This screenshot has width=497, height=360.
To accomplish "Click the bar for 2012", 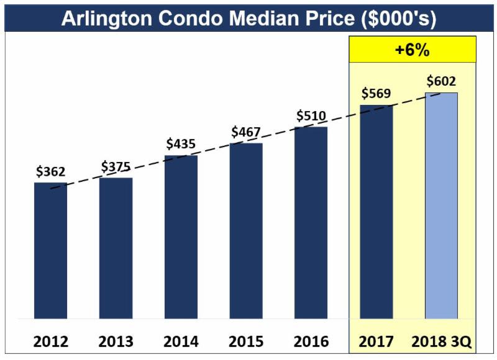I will [x=50, y=251].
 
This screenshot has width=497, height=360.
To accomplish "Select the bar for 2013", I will [x=116, y=248].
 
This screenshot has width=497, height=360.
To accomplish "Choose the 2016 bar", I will [x=311, y=223].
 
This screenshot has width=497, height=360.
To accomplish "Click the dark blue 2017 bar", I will [x=376, y=212].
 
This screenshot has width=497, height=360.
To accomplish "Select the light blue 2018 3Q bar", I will [x=441, y=205].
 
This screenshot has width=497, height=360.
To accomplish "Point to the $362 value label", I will [x=50, y=172].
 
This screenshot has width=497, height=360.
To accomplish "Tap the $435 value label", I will [x=181, y=144].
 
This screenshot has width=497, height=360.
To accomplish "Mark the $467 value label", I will [x=246, y=132].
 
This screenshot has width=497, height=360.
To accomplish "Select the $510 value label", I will [x=311, y=115].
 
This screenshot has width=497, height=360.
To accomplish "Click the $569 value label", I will [x=376, y=94].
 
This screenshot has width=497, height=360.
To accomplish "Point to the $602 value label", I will [x=442, y=81].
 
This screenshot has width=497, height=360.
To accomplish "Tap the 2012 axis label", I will [x=50, y=341].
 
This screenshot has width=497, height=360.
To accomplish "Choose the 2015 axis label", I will [x=246, y=341].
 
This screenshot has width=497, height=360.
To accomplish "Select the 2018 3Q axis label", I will [x=442, y=341].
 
